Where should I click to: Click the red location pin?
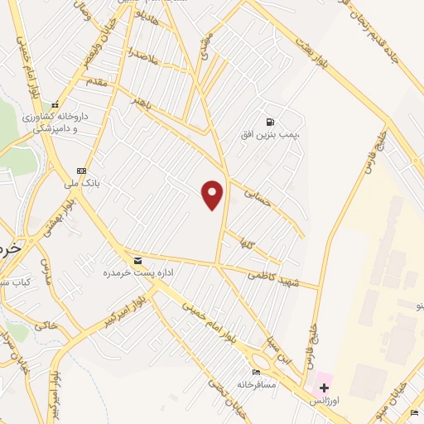213,195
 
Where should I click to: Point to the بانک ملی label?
82,184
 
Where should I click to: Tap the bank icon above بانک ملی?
81,171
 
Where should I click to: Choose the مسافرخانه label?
256,384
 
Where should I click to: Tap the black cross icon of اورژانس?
324,388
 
